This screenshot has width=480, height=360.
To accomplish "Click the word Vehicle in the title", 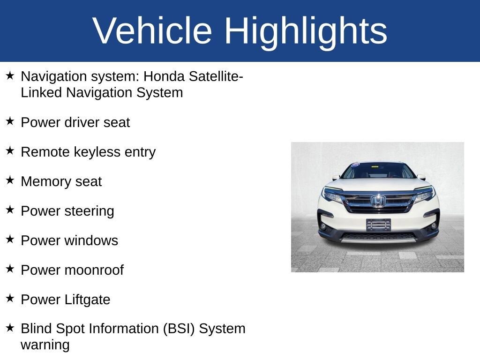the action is (152, 30).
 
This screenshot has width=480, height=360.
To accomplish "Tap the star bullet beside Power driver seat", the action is (10, 121).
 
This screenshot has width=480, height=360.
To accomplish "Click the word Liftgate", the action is (87, 300).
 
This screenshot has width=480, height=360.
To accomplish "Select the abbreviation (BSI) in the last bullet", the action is (179, 329).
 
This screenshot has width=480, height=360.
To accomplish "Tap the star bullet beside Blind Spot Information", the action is (10, 328).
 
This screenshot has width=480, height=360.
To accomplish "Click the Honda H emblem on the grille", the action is (378, 201).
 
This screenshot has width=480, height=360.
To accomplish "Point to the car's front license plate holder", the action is (378, 225).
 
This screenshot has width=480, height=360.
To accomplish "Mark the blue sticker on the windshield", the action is (355, 165).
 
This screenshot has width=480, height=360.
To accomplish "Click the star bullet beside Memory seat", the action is (10, 180).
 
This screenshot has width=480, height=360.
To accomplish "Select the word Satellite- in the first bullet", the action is (216, 76).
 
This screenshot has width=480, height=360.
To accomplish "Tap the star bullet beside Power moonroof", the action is (10, 269).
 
